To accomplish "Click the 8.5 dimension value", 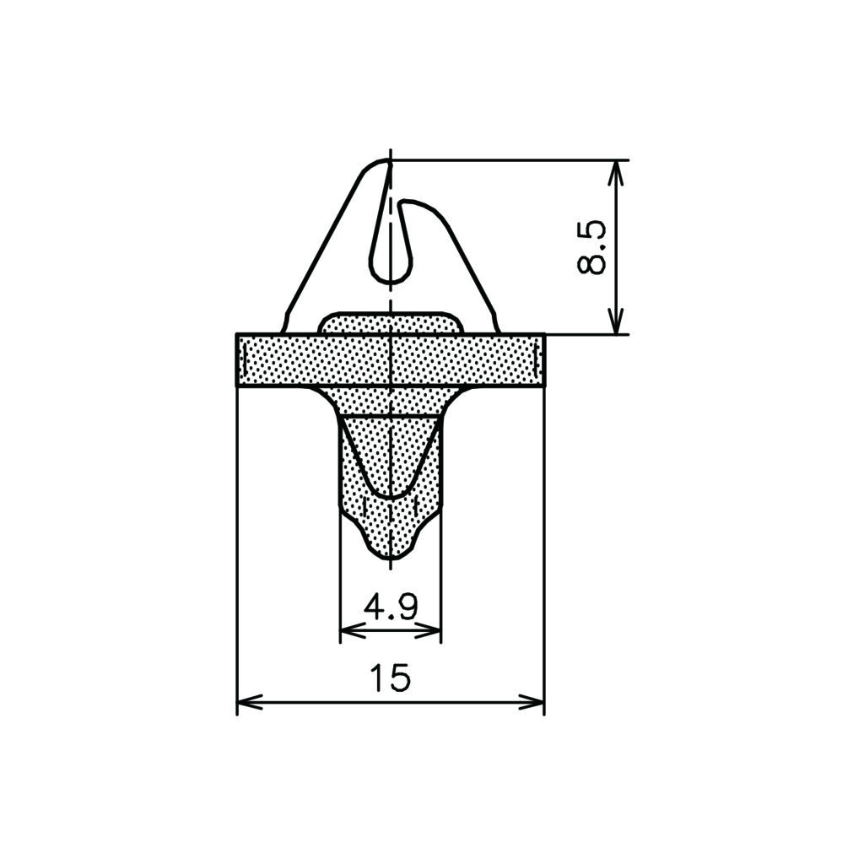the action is tap(591, 248).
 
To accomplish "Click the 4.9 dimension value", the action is tap(391, 607).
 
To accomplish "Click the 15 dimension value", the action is tap(391, 678).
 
